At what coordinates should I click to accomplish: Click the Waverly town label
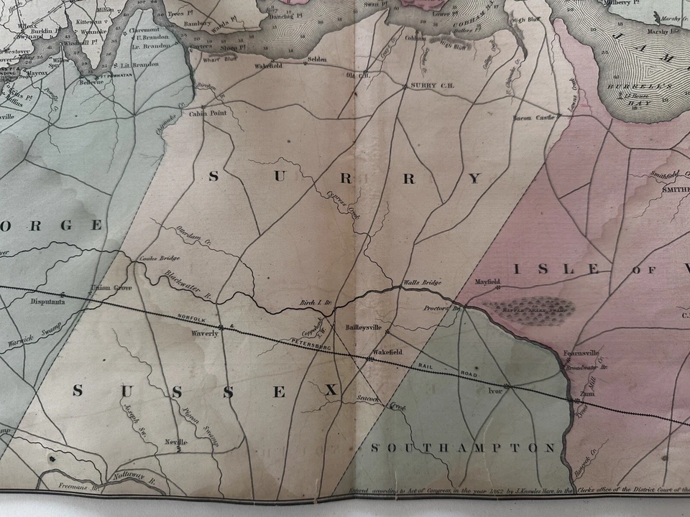pos(204,334)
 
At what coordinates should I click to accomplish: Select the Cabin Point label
pos(208,113)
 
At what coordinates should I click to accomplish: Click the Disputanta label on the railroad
pos(48,302)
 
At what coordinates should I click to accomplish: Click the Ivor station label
pos(495,391)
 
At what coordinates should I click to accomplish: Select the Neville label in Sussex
pos(176,442)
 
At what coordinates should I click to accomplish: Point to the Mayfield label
pos(487,282)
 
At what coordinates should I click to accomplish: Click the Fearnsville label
pos(581,353)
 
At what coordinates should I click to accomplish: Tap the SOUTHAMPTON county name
pos(463,448)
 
